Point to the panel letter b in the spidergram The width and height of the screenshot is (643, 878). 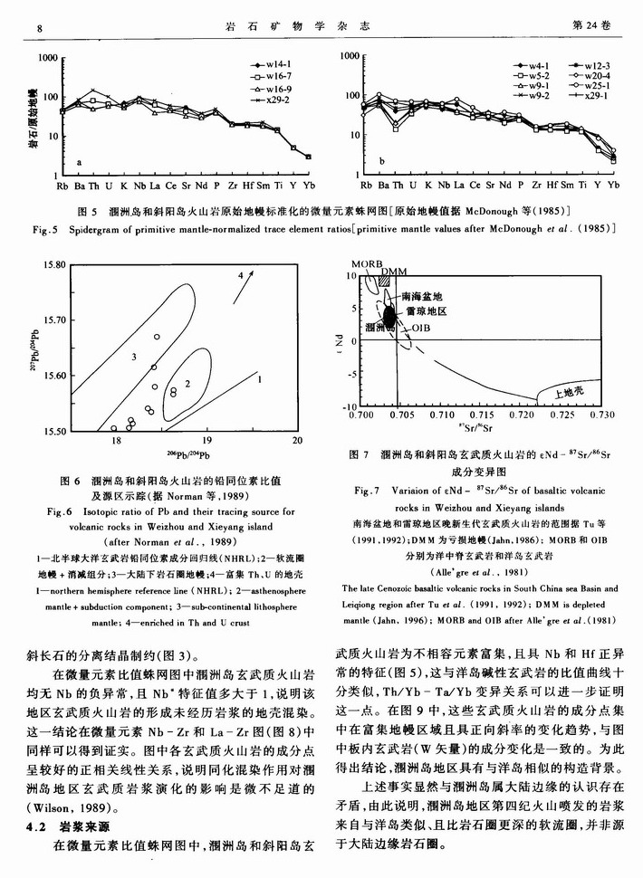[x=384, y=163]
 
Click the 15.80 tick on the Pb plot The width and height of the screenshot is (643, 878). [x=54, y=265]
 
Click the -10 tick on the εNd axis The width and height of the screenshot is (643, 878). [x=350, y=406]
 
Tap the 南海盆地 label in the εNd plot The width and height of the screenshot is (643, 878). [x=422, y=296]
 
